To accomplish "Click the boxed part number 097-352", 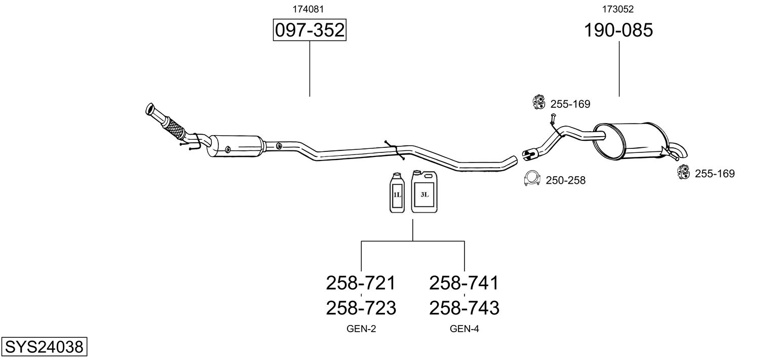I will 309,30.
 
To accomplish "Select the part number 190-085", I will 618,30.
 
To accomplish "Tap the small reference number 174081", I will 308,9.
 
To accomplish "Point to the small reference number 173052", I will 618,9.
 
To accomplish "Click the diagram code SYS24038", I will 44,347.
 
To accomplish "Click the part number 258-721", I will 360,283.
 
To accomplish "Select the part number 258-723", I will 360,307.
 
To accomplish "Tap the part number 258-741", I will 464,283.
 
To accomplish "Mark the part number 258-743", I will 464,307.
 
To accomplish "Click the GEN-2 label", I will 361,329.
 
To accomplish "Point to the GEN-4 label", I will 464,329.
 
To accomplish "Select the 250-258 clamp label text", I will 565,180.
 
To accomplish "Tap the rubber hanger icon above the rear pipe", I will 538,103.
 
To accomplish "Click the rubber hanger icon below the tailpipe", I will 683,173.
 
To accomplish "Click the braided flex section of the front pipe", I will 174,127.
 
